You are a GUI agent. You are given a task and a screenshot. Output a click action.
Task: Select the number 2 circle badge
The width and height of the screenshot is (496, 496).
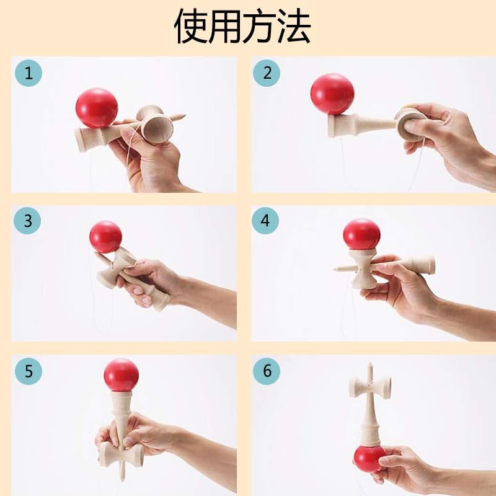click(267, 73)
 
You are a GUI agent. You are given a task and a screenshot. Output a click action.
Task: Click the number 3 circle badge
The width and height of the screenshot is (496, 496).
click(28, 220)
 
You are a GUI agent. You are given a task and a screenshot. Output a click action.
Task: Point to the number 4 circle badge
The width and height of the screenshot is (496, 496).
click(267, 221)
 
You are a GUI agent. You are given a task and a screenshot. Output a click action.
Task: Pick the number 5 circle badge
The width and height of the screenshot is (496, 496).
click(28, 371)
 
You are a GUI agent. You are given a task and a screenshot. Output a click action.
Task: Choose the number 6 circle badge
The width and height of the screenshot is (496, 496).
click(267, 371)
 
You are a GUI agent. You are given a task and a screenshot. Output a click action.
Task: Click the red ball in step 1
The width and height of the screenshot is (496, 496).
click(97, 107)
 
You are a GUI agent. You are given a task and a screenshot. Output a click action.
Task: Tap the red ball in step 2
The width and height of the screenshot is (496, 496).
click(332, 94)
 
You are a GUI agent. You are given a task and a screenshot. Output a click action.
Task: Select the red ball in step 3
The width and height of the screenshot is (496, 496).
click(105, 236)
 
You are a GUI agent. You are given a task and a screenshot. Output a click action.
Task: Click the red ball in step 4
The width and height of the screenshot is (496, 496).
click(361, 234)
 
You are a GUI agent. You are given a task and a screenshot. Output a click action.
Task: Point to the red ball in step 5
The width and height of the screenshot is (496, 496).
click(121, 374)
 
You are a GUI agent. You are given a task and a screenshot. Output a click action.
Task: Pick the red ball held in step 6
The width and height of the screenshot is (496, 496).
click(370, 459)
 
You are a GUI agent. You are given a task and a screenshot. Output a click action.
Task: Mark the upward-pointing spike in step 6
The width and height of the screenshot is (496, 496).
click(370, 368)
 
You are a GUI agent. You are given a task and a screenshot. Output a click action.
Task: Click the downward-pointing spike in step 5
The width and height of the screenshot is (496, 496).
click(122, 475)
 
